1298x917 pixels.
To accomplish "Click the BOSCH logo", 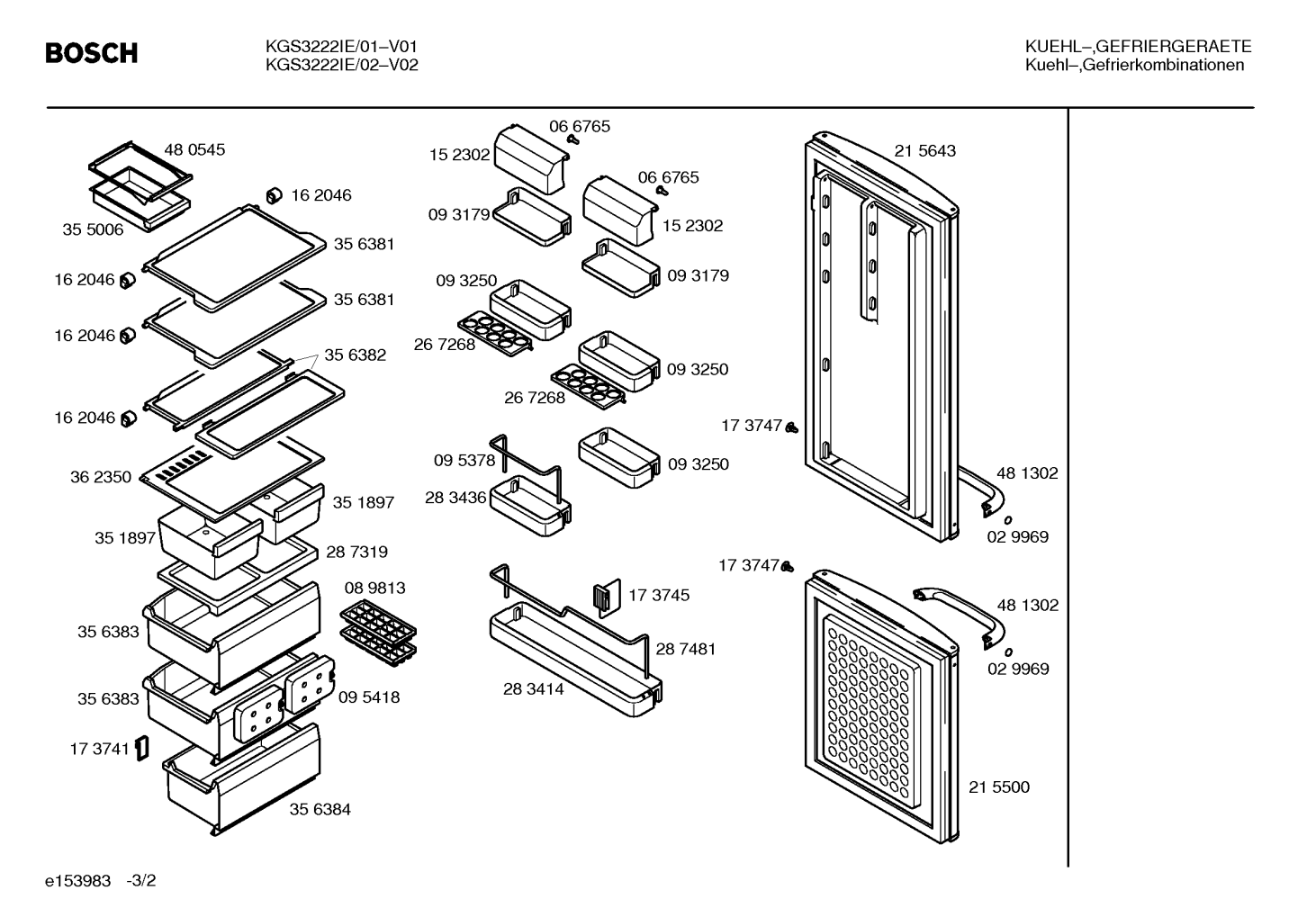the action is point(92,53).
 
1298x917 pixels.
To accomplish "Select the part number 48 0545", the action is point(194,149).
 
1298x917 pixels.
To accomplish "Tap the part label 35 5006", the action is point(93,229).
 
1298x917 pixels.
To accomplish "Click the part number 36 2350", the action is point(101,477).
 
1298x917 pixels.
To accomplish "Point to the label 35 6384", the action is point(320,809).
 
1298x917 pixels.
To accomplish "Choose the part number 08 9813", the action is point(375,588).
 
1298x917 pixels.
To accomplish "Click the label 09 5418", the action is point(369,697).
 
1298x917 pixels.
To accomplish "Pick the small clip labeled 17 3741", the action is point(141,749).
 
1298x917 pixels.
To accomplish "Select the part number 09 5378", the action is point(464,461).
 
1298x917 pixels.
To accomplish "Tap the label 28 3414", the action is point(533,688).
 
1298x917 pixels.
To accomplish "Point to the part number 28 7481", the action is point(686,649).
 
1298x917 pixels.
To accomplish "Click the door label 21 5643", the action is point(924,150).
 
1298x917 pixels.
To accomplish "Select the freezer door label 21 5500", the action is point(999,787).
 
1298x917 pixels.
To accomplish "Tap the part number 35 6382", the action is point(356,355).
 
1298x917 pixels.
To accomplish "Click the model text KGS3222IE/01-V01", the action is point(341,46).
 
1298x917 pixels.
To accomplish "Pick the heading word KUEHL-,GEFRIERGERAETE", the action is point(1138,46).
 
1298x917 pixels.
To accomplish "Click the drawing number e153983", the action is point(77,881).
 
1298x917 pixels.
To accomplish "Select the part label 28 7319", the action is point(357,552).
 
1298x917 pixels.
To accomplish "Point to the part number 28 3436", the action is point(455,498).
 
